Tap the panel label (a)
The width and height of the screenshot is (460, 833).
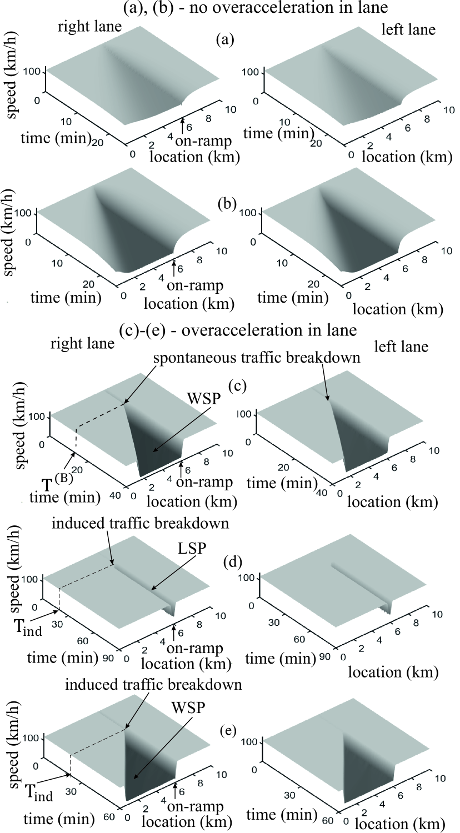coord(226,40)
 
